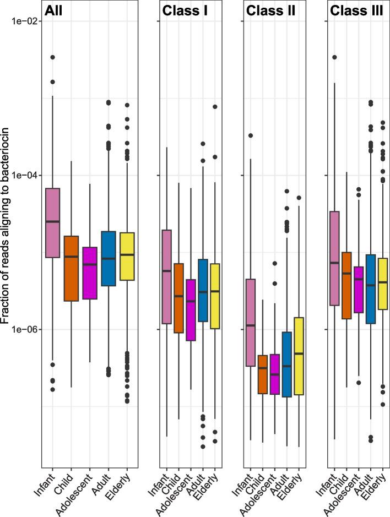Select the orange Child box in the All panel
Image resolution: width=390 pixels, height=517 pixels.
[71, 268]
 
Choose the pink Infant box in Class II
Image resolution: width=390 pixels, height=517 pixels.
[250, 323]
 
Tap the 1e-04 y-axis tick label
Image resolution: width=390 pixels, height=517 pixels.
[22, 175]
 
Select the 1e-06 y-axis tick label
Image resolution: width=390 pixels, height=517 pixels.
[22, 329]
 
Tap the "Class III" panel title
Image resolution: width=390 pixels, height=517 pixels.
[355, 12]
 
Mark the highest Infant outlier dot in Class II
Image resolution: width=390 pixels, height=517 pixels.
[250, 135]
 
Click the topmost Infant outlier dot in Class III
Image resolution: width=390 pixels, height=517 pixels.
[334, 57]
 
